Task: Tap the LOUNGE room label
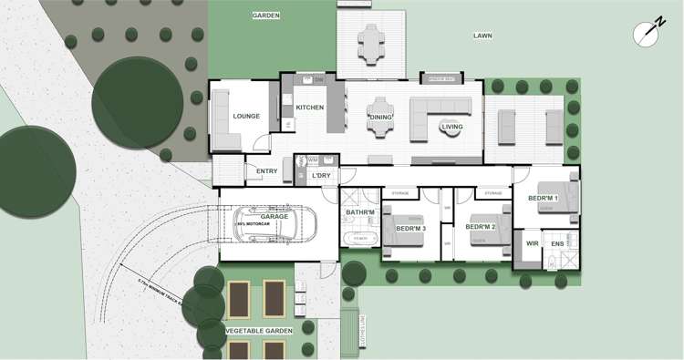(247, 117)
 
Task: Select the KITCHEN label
(310, 108)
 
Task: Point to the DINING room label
(380, 117)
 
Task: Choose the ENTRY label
(267, 171)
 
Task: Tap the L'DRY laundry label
(320, 175)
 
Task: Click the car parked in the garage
(278, 223)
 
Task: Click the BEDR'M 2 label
(480, 226)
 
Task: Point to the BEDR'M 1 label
(544, 199)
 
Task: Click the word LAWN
(482, 36)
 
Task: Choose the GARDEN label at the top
(266, 15)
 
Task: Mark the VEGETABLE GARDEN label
(257, 331)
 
